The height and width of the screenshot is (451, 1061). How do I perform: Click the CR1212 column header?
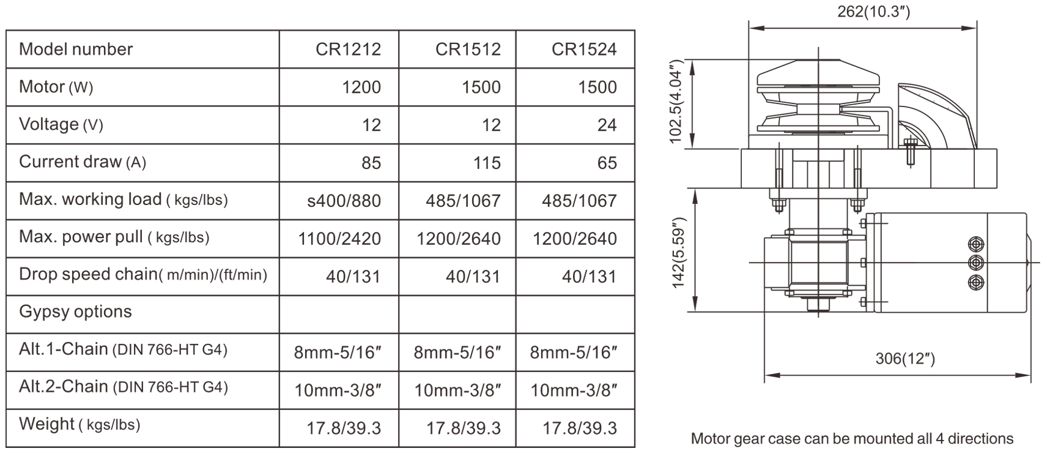[x=348, y=49]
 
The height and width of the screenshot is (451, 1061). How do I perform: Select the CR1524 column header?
[x=584, y=49]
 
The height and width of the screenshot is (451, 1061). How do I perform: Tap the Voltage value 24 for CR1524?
[x=607, y=125]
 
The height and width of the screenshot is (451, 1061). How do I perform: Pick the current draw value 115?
[x=487, y=163]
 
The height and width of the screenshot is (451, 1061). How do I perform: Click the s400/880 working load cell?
[x=344, y=201]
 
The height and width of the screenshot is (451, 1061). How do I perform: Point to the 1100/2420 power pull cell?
[x=339, y=239]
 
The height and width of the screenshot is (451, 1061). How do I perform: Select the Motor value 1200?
[x=361, y=87]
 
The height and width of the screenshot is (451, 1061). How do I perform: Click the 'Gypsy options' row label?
[x=75, y=311]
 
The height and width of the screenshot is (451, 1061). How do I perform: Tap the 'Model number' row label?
[x=76, y=49]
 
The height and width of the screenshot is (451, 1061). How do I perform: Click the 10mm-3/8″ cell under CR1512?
[x=458, y=390]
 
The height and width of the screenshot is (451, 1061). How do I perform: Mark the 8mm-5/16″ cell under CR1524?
[x=574, y=352]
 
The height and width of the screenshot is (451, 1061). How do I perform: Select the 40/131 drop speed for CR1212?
[x=353, y=277]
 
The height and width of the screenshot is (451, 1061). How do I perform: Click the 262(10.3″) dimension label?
[x=873, y=12]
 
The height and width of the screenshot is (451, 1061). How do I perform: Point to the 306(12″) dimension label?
[x=905, y=358]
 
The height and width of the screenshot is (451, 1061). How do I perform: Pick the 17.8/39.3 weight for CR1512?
[x=464, y=428]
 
